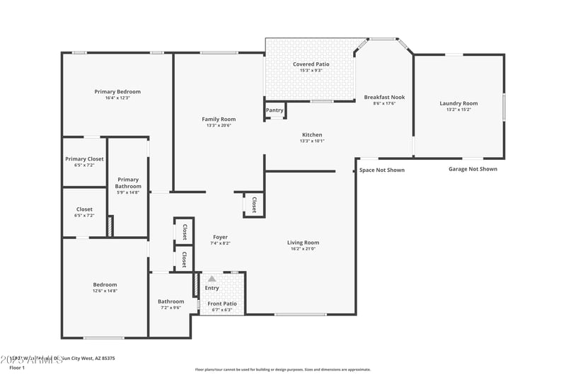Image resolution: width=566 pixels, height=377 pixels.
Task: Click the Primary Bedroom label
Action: [x=117, y=91]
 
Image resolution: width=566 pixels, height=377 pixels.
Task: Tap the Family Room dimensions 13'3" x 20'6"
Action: [x=219, y=126]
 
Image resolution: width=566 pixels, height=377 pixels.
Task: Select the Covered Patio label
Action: [x=311, y=64]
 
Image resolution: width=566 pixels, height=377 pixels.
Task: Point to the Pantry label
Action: [x=275, y=110]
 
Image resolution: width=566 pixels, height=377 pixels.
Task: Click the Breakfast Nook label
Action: [x=384, y=97]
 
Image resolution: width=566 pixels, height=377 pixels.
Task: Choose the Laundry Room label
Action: [x=458, y=103]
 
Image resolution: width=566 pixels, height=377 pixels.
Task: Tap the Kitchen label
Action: [x=312, y=134]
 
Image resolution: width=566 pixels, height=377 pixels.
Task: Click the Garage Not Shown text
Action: [x=473, y=169]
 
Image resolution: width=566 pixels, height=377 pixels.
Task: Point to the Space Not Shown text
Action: [x=382, y=170]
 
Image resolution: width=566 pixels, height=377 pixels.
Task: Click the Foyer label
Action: [x=220, y=237]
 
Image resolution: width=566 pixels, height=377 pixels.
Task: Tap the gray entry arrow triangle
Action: [x=212, y=279]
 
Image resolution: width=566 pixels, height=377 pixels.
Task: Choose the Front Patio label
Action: [x=222, y=303]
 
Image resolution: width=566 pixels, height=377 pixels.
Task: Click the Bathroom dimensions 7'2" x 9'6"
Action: [x=171, y=308]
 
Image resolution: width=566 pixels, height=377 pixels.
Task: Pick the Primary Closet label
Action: [x=84, y=159]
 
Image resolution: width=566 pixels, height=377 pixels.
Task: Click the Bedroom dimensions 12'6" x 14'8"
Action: [x=104, y=291]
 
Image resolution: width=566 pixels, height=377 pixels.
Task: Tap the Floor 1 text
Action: [x=16, y=368]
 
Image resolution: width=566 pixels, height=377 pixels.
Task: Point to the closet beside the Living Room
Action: [x=254, y=204]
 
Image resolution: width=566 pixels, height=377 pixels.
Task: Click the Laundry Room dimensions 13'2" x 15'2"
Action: [x=458, y=110]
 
